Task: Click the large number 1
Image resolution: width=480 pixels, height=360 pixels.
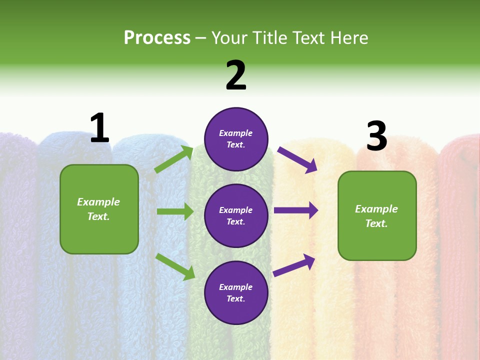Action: [x=99, y=128]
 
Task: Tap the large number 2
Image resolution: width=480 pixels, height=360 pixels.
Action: [x=236, y=75]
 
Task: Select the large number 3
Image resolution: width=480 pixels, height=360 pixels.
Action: [x=376, y=136]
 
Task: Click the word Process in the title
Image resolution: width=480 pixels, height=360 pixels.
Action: [x=157, y=37]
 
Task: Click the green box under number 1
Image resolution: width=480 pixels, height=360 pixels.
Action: [x=99, y=209]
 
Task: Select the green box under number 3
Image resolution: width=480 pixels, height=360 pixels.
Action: [x=377, y=216]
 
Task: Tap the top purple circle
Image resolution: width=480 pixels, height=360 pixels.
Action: [x=236, y=138]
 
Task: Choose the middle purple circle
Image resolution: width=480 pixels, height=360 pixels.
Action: [x=236, y=215]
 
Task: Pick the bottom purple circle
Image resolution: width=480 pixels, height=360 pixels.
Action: [x=236, y=292]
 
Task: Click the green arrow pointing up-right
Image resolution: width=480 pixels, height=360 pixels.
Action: [x=174, y=159]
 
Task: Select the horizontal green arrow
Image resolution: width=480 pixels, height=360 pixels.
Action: [x=175, y=211]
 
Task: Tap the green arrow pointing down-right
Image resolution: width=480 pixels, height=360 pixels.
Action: [x=175, y=266]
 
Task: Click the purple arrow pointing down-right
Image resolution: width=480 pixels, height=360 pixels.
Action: [x=297, y=160]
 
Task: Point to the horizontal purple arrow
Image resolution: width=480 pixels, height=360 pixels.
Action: [x=296, y=210]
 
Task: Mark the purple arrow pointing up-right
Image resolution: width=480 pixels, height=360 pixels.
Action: [x=294, y=265]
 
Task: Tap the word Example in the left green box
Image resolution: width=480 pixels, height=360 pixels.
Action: [x=98, y=202]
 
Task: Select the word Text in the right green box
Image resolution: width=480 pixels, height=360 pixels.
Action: [x=375, y=223]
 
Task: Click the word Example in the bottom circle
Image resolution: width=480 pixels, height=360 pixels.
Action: [x=235, y=287]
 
